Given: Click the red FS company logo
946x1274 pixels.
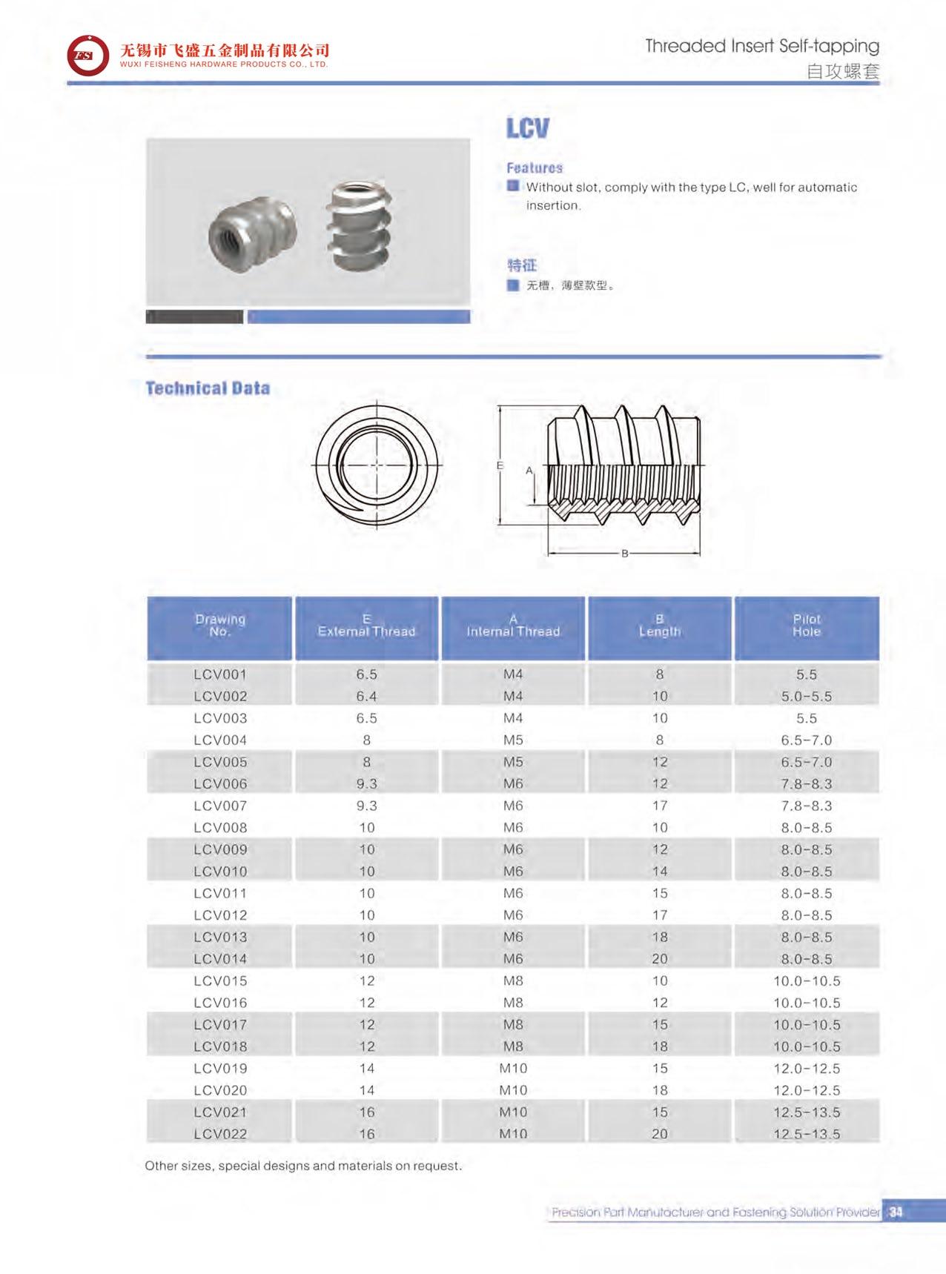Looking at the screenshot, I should coord(87,56).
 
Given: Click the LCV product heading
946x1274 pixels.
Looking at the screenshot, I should coord(527,128).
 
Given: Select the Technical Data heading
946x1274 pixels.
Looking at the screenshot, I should coord(208,388).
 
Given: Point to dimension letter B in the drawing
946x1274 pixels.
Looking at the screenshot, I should coord(625,553).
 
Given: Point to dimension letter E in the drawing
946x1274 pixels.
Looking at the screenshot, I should coord(500,465).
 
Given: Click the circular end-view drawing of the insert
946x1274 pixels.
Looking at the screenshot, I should coord(377,464).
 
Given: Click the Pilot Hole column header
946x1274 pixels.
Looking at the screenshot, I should coord(807,626).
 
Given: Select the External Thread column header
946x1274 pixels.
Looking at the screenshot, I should coord(366,626).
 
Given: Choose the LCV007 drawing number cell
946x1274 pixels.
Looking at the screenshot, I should coord(220,806).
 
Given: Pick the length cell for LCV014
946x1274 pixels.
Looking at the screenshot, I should coord(660,959).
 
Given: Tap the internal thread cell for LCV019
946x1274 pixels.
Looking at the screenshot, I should coord(513,1068).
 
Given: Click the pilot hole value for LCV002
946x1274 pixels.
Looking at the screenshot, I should coord(807,697).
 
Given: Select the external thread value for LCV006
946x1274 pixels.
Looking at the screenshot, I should coord(366,784).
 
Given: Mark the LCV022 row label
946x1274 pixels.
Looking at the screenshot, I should coord(220,1134).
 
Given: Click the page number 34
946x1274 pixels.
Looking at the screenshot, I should coord(896,1212).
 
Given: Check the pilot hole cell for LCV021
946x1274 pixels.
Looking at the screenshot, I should coord(807,1112).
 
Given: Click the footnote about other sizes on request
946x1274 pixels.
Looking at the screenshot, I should coord(303,1166).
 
